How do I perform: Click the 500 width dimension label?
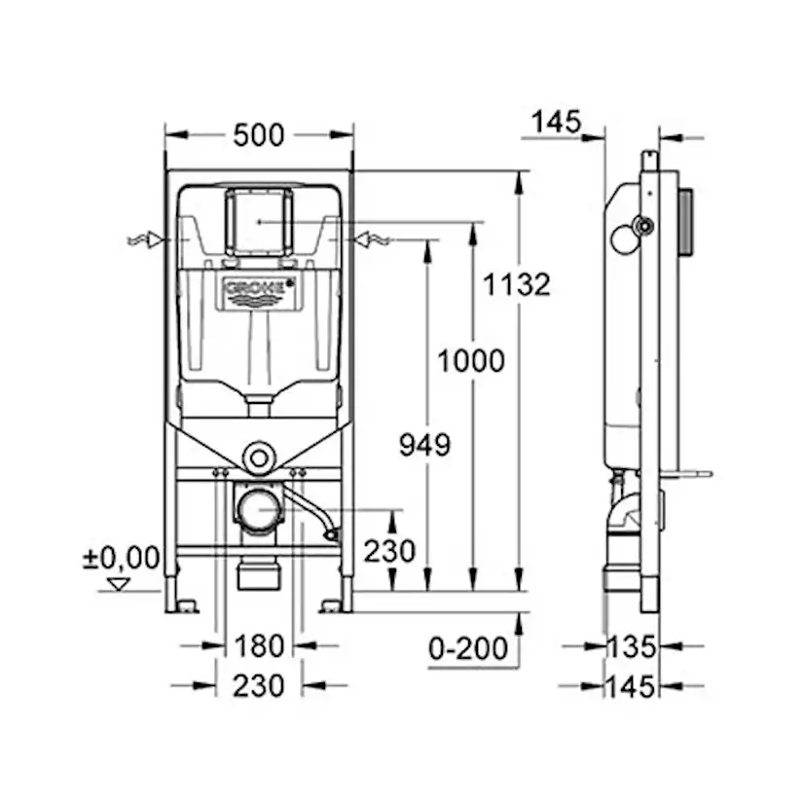(259, 135)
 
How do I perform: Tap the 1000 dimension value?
(470, 360)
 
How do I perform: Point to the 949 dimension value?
(425, 445)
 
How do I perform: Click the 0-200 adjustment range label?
(470, 647)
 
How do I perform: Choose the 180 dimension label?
(259, 645)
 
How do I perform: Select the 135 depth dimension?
(629, 645)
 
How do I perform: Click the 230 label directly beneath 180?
(259, 685)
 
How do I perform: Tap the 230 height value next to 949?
(389, 552)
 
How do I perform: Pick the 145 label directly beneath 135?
(629, 686)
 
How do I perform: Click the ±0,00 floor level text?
(121, 558)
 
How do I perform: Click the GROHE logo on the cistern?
(259, 289)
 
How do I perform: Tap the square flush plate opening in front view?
(259, 221)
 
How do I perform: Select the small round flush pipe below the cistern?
(259, 456)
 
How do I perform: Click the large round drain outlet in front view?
(259, 510)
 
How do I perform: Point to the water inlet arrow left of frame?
(146, 239)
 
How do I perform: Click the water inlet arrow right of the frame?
(373, 238)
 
